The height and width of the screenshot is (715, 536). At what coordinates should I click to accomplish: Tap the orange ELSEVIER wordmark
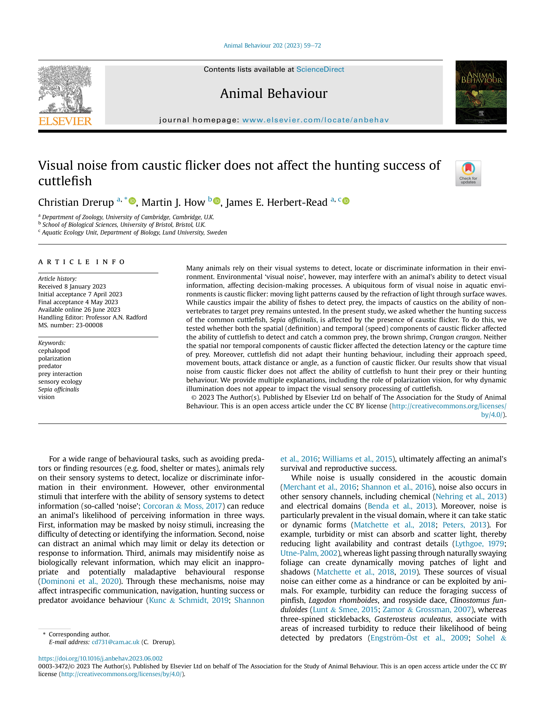point(65,121)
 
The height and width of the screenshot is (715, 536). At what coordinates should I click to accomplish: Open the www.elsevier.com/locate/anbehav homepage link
point(315,120)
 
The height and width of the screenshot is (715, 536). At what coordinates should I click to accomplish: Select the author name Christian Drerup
point(76,202)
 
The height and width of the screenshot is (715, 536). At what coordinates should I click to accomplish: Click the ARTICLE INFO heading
point(81,262)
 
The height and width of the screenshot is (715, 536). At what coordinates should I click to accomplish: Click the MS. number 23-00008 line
point(70,325)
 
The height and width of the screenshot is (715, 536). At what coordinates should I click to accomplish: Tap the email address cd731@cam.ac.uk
point(115,642)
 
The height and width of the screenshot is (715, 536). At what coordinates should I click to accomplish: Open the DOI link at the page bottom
point(100,658)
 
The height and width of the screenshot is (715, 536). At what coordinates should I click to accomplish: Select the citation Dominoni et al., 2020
point(80,581)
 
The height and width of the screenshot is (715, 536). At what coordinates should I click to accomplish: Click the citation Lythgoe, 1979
point(479,544)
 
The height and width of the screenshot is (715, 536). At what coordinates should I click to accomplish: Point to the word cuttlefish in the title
point(65,181)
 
